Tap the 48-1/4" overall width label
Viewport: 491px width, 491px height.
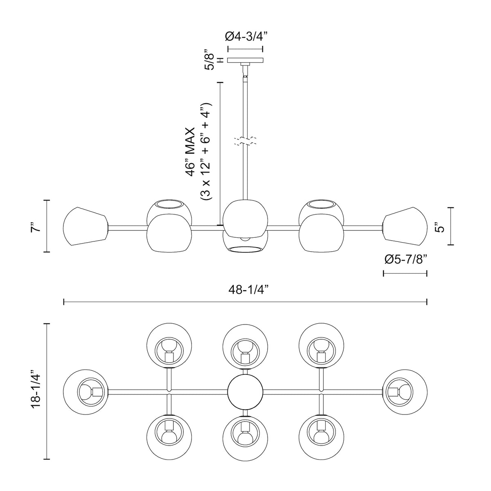(x=246, y=290)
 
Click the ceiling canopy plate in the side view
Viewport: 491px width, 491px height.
(x=245, y=60)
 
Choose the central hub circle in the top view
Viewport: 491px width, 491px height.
(x=245, y=392)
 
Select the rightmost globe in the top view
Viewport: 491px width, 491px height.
(x=405, y=392)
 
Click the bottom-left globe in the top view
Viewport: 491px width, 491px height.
(x=169, y=437)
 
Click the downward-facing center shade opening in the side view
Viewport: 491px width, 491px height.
(x=245, y=250)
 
